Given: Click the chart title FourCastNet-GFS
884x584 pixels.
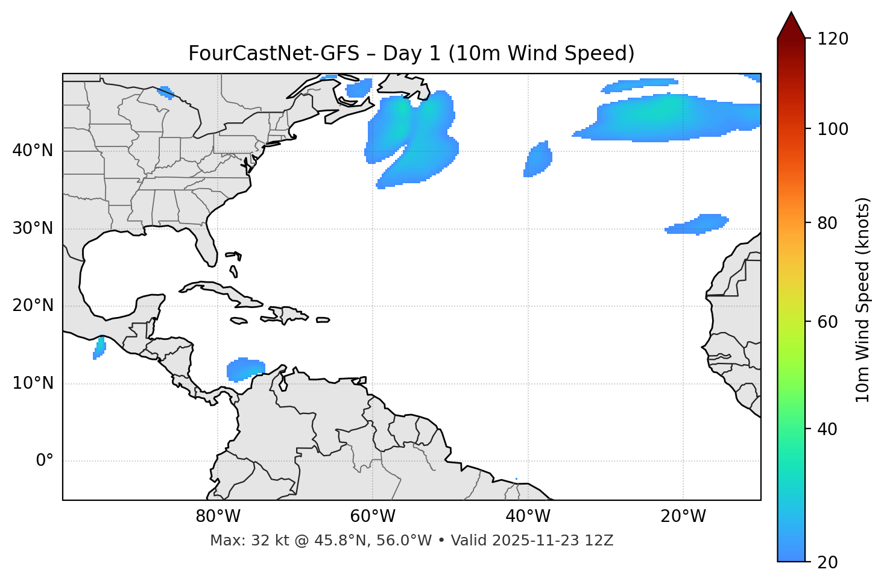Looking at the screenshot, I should click(x=411, y=54).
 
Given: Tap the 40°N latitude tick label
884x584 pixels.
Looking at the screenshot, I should click(x=33, y=151).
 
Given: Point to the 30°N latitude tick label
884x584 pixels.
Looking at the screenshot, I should click(x=33, y=228).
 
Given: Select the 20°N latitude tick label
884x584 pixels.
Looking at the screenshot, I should click(x=33, y=306).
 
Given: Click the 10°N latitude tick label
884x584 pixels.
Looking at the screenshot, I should click(x=33, y=383).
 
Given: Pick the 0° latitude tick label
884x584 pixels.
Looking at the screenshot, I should click(x=45, y=461).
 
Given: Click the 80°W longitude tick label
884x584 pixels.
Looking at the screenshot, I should click(x=218, y=516).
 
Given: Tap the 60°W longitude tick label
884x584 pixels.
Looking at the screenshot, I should click(x=373, y=516).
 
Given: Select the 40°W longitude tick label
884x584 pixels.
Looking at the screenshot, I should click(x=528, y=516).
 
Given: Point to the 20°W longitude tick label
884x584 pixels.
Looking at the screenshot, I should click(x=683, y=516).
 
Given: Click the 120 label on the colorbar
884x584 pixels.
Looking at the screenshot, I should click(x=833, y=39).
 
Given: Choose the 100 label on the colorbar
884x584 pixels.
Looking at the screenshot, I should click(x=833, y=129).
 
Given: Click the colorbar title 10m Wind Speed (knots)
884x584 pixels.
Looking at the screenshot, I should click(x=863, y=300).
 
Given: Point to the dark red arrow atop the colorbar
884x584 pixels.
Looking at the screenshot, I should click(x=791, y=25).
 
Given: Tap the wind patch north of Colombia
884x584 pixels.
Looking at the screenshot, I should click(x=245, y=369).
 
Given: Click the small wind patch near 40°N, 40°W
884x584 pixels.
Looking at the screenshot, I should click(x=538, y=160).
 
